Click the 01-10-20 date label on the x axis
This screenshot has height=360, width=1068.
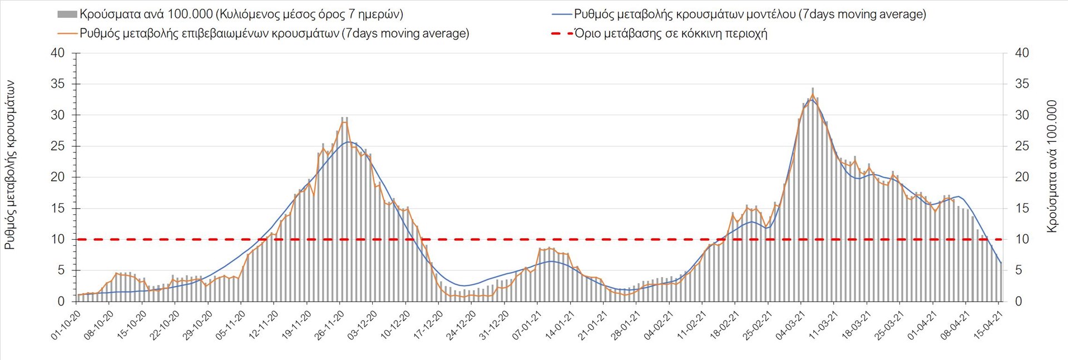coord(66,325)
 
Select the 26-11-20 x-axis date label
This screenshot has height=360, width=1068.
coord(330,325)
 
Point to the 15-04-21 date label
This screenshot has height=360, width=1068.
coord(989,325)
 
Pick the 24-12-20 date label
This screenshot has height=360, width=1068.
coord(462,325)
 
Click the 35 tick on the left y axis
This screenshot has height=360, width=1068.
coord(58,84)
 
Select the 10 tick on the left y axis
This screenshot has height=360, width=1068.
coord(58,239)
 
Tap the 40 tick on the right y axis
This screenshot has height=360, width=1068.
coord(1022,53)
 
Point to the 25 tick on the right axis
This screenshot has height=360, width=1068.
coord(1022,146)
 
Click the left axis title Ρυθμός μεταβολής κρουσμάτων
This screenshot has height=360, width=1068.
coord(10,165)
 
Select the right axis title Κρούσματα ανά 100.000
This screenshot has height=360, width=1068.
coord(1051,166)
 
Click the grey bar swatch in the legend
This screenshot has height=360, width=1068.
coord(67,14)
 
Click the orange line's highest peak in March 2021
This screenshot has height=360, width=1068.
coord(813,95)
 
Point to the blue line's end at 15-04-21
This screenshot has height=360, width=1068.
coord(1001,263)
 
